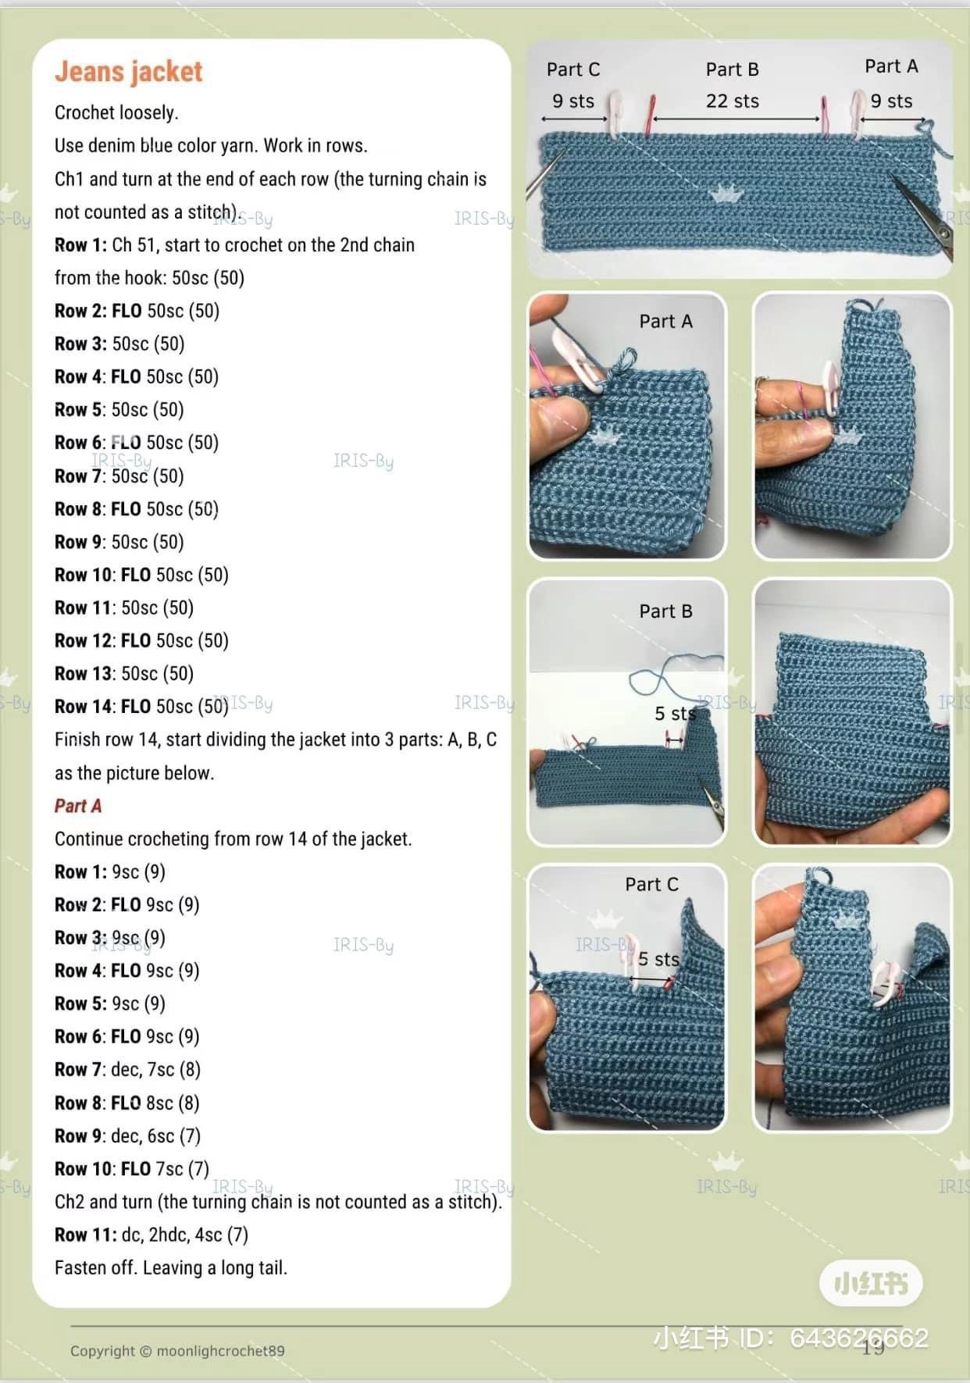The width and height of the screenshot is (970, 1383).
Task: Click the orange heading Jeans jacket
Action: (x=128, y=72)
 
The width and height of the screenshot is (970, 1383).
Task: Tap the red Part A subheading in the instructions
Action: (x=78, y=806)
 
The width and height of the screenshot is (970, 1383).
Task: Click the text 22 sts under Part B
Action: (x=732, y=102)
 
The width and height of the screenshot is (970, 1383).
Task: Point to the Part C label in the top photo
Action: (x=573, y=70)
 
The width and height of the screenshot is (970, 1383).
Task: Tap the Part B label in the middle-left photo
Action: (x=665, y=611)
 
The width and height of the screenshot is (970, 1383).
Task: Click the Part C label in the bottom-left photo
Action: (x=651, y=885)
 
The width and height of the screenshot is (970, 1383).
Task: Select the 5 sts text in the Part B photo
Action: (x=674, y=714)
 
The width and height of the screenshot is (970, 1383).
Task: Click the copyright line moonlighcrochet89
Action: (x=177, y=1351)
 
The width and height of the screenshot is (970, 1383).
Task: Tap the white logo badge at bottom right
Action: (x=871, y=1283)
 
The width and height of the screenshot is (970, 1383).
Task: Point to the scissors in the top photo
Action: (x=925, y=215)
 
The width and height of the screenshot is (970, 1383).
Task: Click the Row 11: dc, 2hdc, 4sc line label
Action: (x=85, y=1235)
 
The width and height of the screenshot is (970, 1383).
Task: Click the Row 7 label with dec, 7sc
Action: (x=77, y=1070)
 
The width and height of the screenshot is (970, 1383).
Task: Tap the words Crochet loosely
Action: (x=116, y=112)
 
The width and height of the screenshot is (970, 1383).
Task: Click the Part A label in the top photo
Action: (x=891, y=66)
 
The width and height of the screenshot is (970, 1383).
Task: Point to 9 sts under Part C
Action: (x=573, y=102)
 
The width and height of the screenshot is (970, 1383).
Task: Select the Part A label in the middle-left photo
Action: (x=665, y=322)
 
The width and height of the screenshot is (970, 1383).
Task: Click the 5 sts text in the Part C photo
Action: (x=658, y=959)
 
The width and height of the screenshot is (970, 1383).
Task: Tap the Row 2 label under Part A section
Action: (x=77, y=905)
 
